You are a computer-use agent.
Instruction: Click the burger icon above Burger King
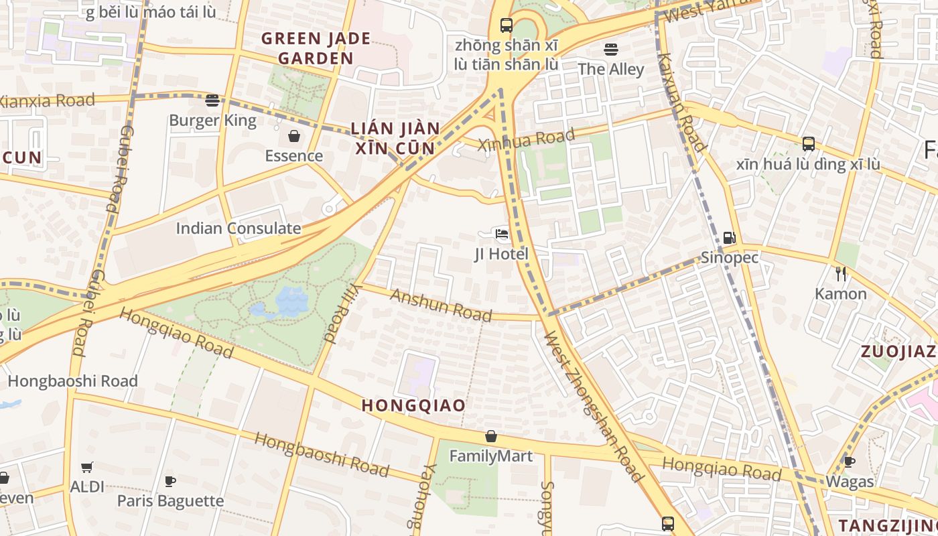click(212, 100)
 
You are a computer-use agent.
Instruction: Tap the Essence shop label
click(293, 156)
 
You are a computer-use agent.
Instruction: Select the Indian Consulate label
click(238, 228)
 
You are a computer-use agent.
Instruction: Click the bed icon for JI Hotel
click(501, 234)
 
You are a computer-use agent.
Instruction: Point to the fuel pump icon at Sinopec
click(729, 237)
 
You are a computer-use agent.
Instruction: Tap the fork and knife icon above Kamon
click(841, 273)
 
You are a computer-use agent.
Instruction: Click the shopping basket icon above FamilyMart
click(491, 436)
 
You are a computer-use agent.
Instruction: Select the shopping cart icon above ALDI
click(87, 467)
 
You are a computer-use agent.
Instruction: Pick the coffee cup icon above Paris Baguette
click(170, 480)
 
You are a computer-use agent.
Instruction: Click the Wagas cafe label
click(850, 482)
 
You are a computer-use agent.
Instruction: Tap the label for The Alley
click(610, 69)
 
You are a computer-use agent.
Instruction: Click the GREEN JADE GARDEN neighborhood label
click(316, 48)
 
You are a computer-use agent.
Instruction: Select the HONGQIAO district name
click(413, 405)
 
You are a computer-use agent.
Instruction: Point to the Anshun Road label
click(441, 306)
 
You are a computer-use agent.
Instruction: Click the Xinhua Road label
click(526, 139)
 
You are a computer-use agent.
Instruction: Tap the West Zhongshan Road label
click(593, 407)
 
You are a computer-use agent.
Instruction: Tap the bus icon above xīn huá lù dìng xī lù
click(809, 143)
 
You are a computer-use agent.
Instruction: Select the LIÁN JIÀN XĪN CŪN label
click(395, 138)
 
